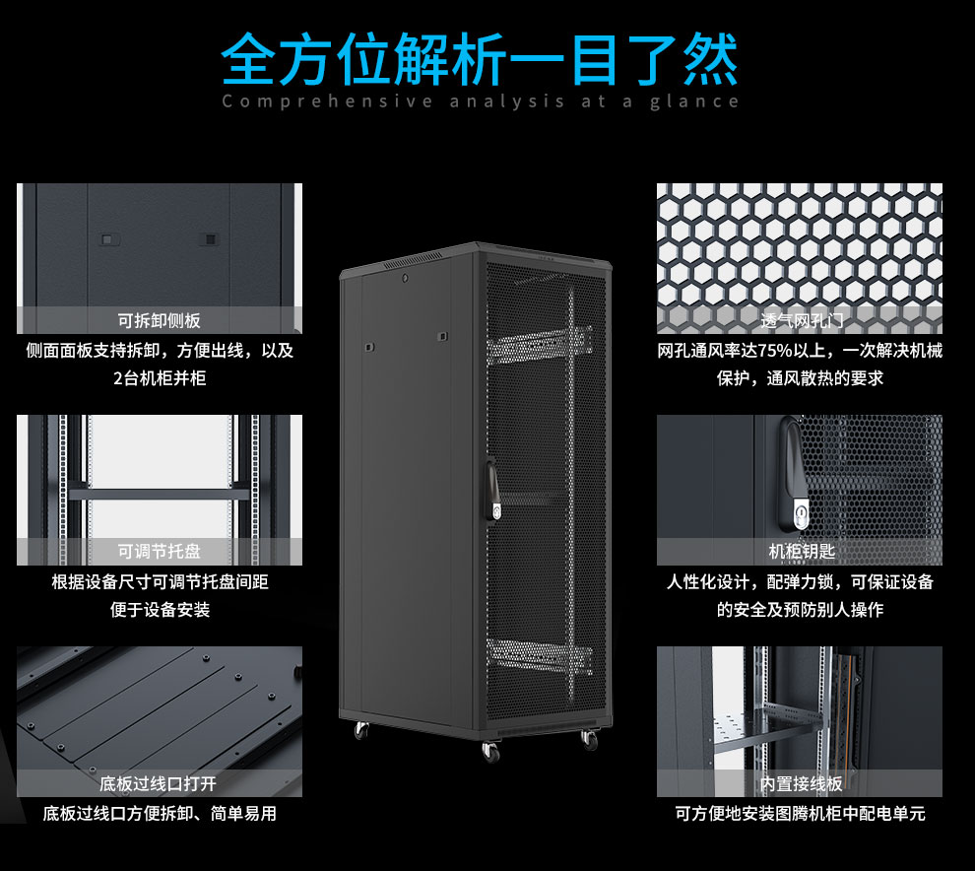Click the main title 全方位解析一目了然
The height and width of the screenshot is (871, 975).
point(480,60)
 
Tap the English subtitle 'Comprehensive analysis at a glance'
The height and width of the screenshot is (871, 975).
point(480,101)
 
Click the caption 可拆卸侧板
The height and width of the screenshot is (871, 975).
point(159,320)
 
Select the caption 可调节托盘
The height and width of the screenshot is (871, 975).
point(159,552)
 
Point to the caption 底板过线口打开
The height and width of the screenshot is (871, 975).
point(159,784)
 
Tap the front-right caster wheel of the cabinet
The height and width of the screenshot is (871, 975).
point(589,739)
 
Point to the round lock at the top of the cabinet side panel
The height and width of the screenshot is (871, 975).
point(404,278)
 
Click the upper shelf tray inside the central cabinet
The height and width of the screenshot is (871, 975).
point(536,345)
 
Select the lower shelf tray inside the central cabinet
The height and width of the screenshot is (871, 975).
point(537,654)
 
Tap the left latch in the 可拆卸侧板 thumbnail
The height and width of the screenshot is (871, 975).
point(108,238)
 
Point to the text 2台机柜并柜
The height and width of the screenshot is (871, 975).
point(159,377)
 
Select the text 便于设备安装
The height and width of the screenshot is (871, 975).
point(159,610)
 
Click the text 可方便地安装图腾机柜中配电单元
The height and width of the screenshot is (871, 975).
point(800,814)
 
